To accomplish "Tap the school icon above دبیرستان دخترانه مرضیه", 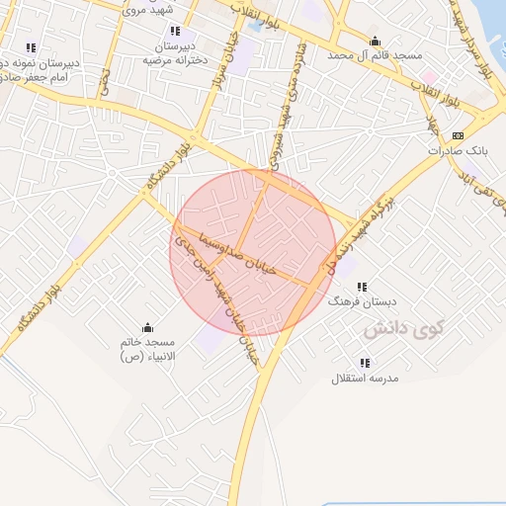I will [x=176, y=32].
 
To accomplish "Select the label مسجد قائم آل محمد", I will [x=374, y=55].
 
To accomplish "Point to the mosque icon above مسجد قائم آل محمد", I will [x=375, y=42].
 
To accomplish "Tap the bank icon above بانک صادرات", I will [x=457, y=135].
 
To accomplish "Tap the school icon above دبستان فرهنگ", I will [x=361, y=286].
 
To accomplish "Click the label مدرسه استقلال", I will [x=363, y=379].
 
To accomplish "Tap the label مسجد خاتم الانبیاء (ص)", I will [x=146, y=348].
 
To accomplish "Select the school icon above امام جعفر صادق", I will [x=31, y=46].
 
